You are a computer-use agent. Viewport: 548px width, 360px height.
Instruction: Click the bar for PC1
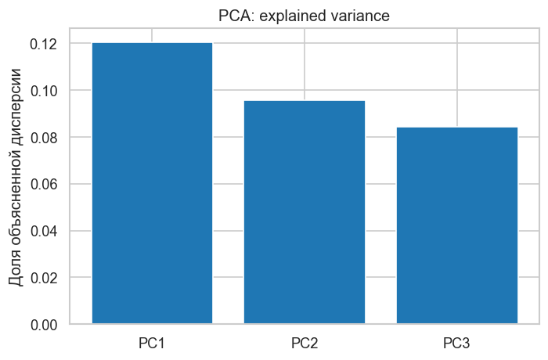(152, 183)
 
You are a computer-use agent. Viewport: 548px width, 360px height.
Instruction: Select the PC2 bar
(305, 212)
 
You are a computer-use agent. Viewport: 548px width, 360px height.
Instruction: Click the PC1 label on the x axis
(152, 343)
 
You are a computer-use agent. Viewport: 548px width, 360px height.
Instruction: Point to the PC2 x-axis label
(305, 343)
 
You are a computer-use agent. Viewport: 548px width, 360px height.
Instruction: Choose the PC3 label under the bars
(457, 343)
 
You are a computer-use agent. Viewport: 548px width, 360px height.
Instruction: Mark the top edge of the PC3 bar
(457, 128)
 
